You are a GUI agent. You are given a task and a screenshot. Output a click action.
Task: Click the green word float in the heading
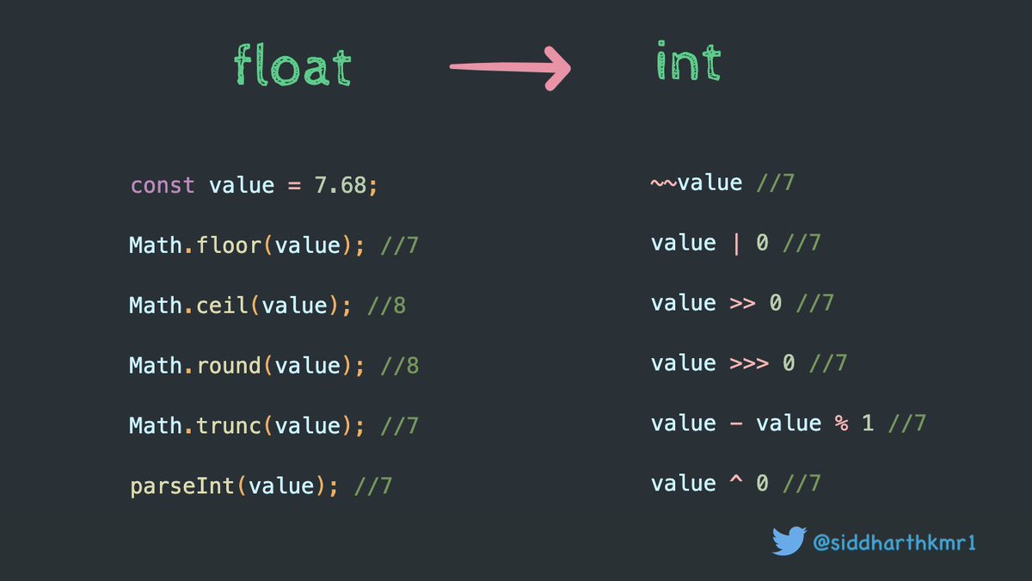292,67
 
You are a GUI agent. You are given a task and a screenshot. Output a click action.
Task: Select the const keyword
163,185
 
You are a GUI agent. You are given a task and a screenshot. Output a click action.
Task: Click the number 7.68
341,185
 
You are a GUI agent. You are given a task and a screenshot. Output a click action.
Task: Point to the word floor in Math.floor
229,245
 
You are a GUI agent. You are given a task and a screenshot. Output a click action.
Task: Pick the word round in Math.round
229,366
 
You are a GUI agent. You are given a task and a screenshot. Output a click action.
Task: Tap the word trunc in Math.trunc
229,426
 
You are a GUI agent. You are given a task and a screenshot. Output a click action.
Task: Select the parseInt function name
182,486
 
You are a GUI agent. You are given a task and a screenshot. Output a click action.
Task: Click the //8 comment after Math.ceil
386,306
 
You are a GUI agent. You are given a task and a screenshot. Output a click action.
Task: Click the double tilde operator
664,182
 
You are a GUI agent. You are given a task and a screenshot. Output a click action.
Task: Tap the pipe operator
735,244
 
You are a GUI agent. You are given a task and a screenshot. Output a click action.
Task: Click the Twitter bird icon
789,541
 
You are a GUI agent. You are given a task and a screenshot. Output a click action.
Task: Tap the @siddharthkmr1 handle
894,542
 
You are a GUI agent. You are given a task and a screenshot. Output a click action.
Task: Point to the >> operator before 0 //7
742,303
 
